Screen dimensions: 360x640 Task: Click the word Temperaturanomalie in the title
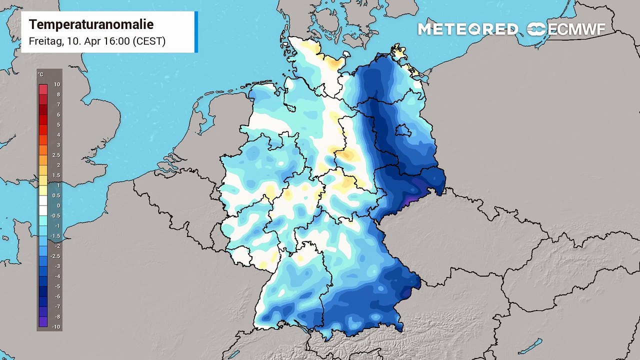(x=91, y=24)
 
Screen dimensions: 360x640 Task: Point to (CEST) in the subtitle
(x=148, y=41)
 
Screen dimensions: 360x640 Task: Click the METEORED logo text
(x=468, y=29)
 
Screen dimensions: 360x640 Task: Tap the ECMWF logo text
(x=576, y=29)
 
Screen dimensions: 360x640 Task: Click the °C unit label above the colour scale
(x=40, y=74)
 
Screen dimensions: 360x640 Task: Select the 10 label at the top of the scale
(x=57, y=84)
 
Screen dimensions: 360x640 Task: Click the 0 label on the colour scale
(x=58, y=205)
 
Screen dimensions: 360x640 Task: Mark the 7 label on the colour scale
(x=58, y=104)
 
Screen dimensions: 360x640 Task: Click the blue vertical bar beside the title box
(x=196, y=32)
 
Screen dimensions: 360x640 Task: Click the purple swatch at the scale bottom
(x=43, y=322)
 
